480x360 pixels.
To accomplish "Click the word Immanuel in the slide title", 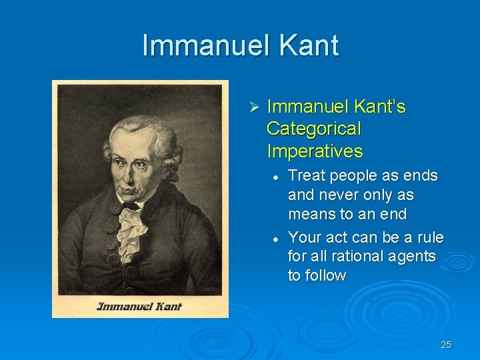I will click(x=201, y=46).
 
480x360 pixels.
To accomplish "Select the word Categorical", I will click(x=313, y=129).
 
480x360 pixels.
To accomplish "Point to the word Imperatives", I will click(x=315, y=151).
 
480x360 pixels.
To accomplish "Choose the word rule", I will click(x=431, y=237).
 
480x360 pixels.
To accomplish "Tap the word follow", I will click(x=326, y=275).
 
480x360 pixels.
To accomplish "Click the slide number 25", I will click(x=446, y=345).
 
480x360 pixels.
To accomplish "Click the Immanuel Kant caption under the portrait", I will click(x=139, y=307).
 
